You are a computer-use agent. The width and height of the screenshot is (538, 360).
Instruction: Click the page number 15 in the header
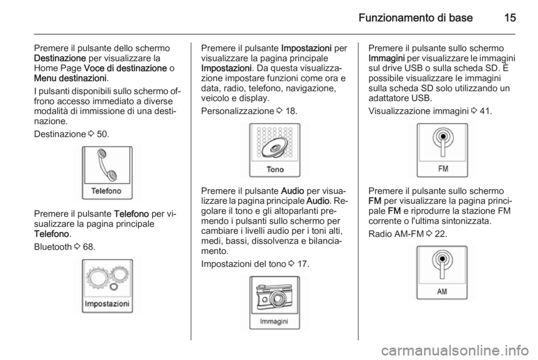[509, 17]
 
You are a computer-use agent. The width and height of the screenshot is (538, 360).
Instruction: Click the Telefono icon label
[106, 191]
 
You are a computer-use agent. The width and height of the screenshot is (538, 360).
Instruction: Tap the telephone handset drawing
[106, 165]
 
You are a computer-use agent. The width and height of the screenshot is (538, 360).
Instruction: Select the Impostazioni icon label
[107, 303]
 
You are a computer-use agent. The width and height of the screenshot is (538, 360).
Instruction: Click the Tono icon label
[275, 169]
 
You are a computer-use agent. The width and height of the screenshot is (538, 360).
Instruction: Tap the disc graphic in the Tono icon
[276, 143]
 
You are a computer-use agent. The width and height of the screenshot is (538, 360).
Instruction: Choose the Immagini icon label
[274, 322]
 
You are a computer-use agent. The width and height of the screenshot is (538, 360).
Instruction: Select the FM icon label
[443, 169]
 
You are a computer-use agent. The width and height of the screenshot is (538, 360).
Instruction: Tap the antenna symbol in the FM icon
[443, 143]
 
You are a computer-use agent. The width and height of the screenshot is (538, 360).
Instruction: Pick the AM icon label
[443, 292]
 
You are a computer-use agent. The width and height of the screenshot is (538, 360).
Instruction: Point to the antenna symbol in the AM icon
[443, 265]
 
